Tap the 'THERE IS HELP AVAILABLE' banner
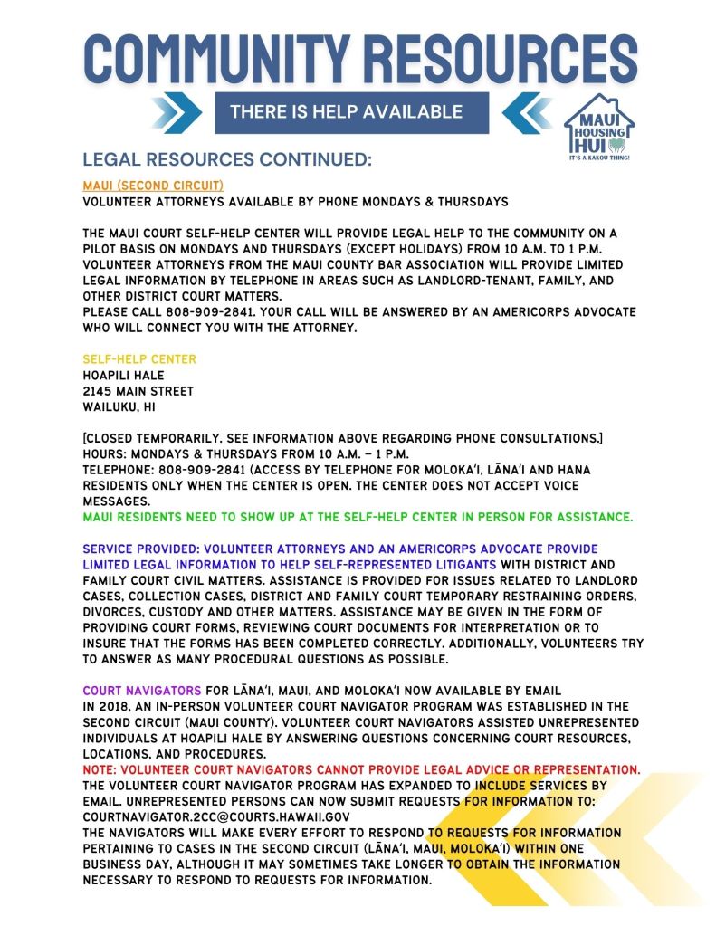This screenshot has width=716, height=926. pos(346,112)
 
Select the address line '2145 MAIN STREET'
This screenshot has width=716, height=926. pos(138,391)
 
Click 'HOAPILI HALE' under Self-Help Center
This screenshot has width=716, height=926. pos(124,376)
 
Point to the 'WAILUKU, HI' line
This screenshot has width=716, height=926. pos(119,407)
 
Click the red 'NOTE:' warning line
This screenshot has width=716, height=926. pos(361,769)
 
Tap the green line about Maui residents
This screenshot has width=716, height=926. pos(358,518)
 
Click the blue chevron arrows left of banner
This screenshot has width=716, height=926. pos(177,113)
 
